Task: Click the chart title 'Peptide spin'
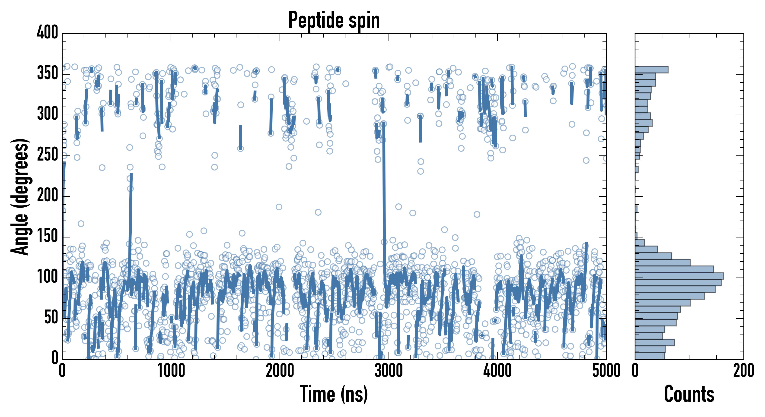pyautogui.click(x=334, y=20)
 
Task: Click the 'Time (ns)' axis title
pyautogui.click(x=334, y=394)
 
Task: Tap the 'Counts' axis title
pyautogui.click(x=689, y=394)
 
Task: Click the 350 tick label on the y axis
pyautogui.click(x=48, y=73)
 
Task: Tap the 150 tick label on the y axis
pyautogui.click(x=48, y=236)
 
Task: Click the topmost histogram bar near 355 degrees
pyautogui.click(x=652, y=69)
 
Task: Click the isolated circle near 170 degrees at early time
pyautogui.click(x=81, y=224)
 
